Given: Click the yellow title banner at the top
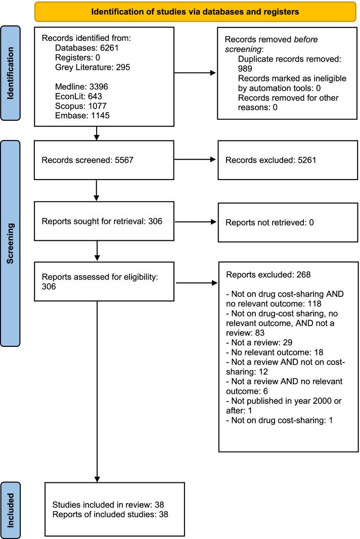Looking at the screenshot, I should (195, 12).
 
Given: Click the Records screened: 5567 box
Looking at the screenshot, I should (96, 159).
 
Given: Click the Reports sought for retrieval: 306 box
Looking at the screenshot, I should (96, 222).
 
